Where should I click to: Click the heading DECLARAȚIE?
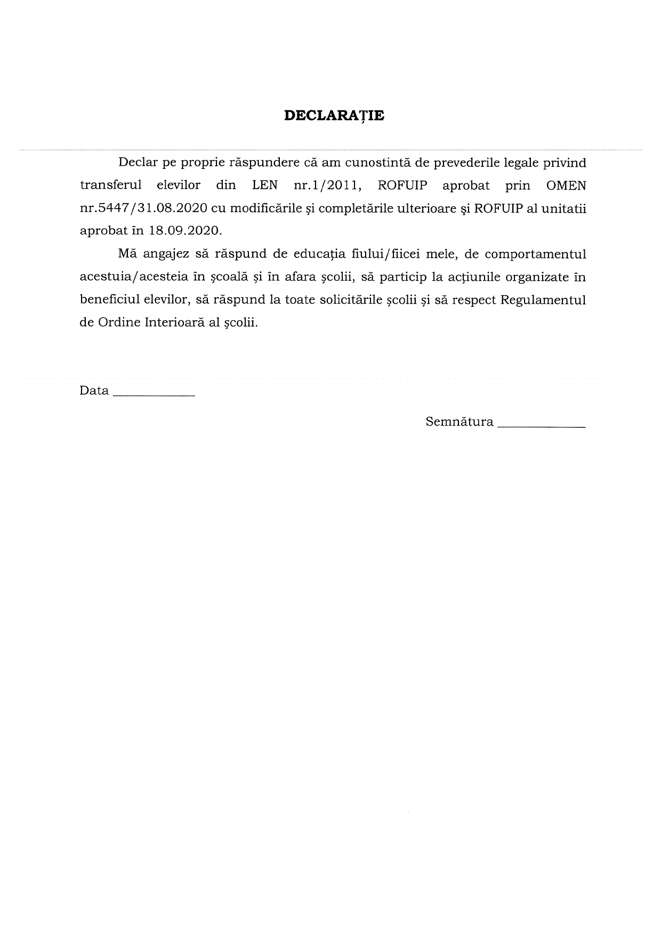(x=334, y=116)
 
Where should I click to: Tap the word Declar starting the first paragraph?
(x=136, y=162)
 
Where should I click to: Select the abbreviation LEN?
(x=265, y=185)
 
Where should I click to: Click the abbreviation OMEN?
(x=566, y=185)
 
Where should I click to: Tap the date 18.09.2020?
(x=186, y=231)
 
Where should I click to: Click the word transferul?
(x=110, y=185)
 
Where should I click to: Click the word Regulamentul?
(x=543, y=300)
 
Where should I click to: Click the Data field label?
(x=94, y=391)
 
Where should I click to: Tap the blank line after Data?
(x=155, y=395)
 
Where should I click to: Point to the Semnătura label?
(x=460, y=422)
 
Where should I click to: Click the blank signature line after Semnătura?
(x=541, y=426)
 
